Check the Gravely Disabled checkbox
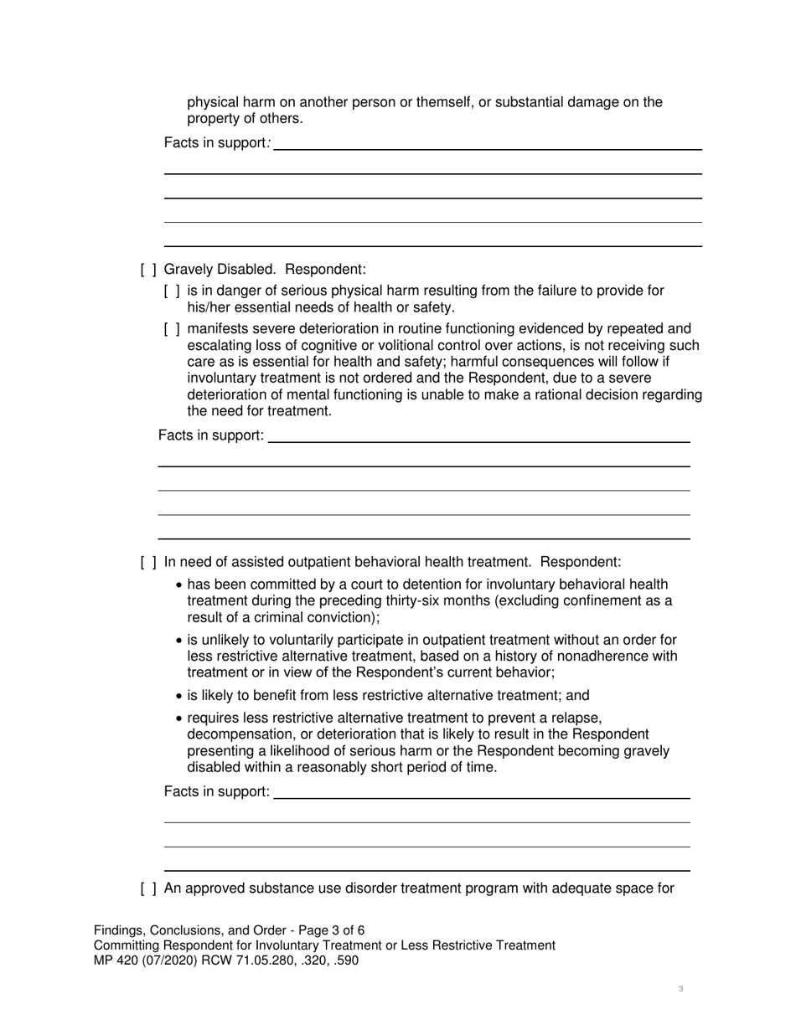[148, 270]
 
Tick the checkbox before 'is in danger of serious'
[172, 291]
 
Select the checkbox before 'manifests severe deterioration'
[172, 328]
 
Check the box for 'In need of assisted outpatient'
[148, 562]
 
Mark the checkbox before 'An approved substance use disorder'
[148, 888]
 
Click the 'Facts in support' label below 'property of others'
[215, 143]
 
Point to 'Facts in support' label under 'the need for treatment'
[210, 435]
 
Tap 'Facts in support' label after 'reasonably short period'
[216, 791]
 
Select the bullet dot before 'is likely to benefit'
[179, 696]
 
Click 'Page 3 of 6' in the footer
[327, 930]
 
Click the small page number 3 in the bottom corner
[680, 989]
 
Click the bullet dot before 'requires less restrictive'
[179, 718]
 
